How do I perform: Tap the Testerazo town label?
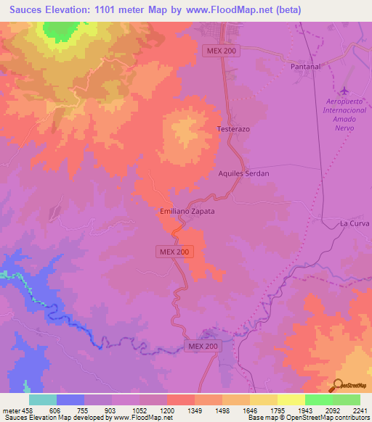coord(234,128)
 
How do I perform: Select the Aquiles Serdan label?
coord(244,174)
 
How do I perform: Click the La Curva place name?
coord(355,224)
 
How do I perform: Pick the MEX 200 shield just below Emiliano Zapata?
coord(174,252)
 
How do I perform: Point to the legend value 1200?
coord(167,410)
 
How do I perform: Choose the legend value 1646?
coord(249,410)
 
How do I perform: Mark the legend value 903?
coord(111,410)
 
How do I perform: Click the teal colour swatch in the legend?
coord(43,400)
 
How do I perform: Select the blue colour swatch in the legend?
coord(70,400)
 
